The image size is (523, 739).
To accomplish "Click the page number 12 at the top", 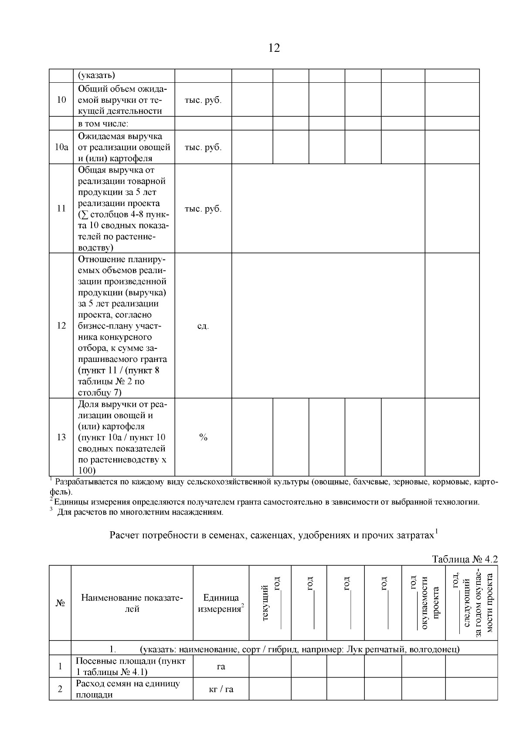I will (274, 48).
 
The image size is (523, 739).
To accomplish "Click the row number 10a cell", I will (61, 147).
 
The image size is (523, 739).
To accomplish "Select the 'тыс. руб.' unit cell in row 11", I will (203, 209).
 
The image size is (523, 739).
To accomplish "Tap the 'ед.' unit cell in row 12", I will (203, 326).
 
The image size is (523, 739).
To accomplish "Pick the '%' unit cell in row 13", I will (203, 437).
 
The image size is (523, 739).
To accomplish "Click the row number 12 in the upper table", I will (61, 326).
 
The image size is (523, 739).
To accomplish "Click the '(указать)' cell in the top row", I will (96, 75).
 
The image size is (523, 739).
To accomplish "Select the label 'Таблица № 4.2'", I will (464, 559).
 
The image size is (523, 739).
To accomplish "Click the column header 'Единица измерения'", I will (221, 603).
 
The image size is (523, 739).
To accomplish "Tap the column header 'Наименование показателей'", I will (132, 603).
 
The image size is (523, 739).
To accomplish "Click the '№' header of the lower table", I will (60, 603).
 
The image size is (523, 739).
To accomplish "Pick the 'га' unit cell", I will (221, 666).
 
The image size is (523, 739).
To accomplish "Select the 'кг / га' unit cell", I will (221, 689).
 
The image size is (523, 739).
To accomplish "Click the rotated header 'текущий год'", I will (270, 603).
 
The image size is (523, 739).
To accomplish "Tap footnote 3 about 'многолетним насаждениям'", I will (139, 512).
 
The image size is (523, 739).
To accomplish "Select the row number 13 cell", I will (61, 437).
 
